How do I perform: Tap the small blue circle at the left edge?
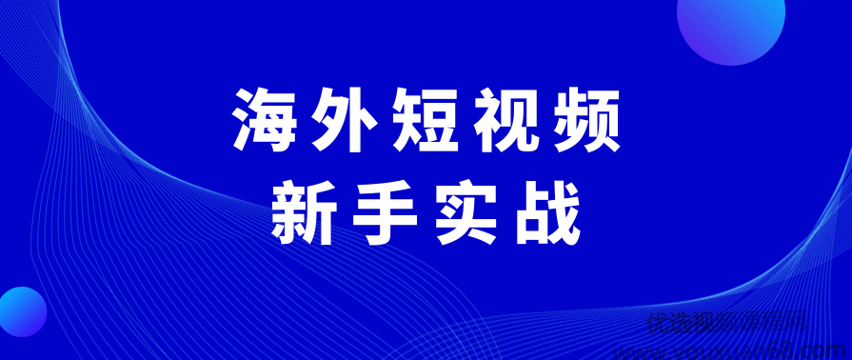19,310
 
